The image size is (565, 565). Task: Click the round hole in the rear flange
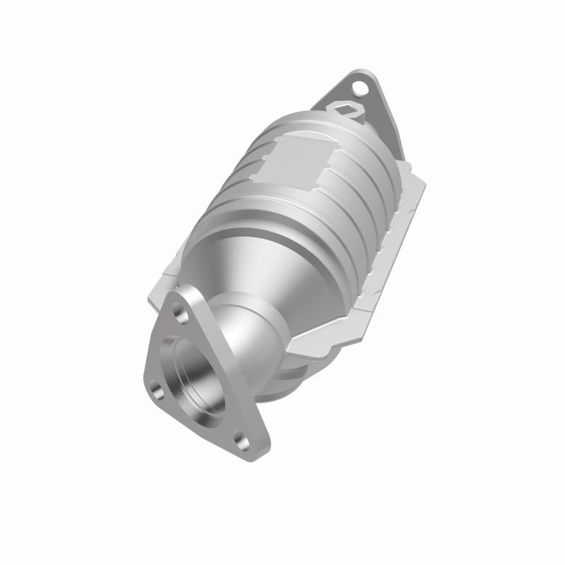pos(362,88)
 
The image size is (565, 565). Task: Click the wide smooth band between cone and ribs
pos(282,226)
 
